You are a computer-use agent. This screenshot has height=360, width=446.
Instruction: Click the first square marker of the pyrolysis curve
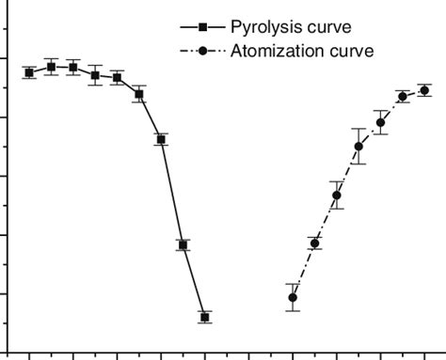29,72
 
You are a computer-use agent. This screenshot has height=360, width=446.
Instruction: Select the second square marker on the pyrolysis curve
51,67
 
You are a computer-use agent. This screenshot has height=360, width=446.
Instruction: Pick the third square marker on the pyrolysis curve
73,68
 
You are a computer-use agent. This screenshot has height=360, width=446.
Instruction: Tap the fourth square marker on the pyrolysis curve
95,75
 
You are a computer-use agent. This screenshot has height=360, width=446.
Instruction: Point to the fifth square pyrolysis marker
117,78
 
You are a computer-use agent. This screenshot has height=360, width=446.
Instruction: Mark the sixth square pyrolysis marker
139,94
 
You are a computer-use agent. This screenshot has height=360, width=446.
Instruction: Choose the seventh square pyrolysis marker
161,139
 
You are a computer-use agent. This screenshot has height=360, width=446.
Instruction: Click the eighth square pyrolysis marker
183,244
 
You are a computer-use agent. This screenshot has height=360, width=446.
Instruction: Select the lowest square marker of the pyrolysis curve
205,317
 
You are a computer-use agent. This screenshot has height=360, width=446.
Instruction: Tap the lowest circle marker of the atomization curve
293,297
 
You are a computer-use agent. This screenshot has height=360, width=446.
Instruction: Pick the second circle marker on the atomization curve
315,243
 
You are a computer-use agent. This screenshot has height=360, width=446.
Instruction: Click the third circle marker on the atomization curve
337,196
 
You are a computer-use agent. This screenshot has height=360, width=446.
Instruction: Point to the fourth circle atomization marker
358,146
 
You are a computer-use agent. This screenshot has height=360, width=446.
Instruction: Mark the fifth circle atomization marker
381,122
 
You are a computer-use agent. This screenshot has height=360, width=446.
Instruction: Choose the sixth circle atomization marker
403,96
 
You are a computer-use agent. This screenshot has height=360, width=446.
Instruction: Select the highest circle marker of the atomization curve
424,90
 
